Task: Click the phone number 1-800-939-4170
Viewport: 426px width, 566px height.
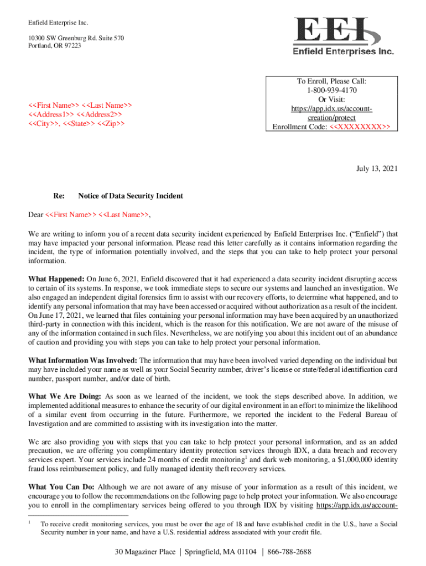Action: coord(330,90)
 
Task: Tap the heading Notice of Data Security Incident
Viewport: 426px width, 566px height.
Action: coord(131,196)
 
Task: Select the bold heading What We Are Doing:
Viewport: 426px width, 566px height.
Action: coord(64,397)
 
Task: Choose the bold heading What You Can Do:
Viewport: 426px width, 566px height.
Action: coord(61,488)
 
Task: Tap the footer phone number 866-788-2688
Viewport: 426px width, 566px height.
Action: coord(289,552)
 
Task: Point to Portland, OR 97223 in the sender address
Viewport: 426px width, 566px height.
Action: coord(54,45)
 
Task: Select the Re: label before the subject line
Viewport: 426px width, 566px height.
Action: coord(59,196)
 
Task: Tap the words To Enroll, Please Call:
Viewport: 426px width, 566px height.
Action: coord(330,81)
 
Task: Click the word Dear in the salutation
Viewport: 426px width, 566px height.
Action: coord(36,214)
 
